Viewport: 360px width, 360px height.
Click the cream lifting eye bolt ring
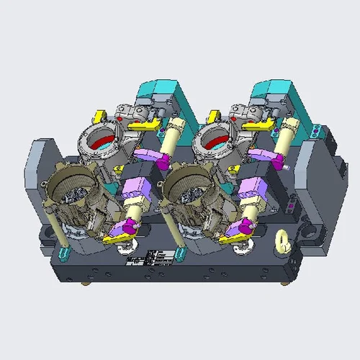coord(282,240)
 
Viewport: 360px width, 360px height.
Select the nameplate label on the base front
coord(158,256)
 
